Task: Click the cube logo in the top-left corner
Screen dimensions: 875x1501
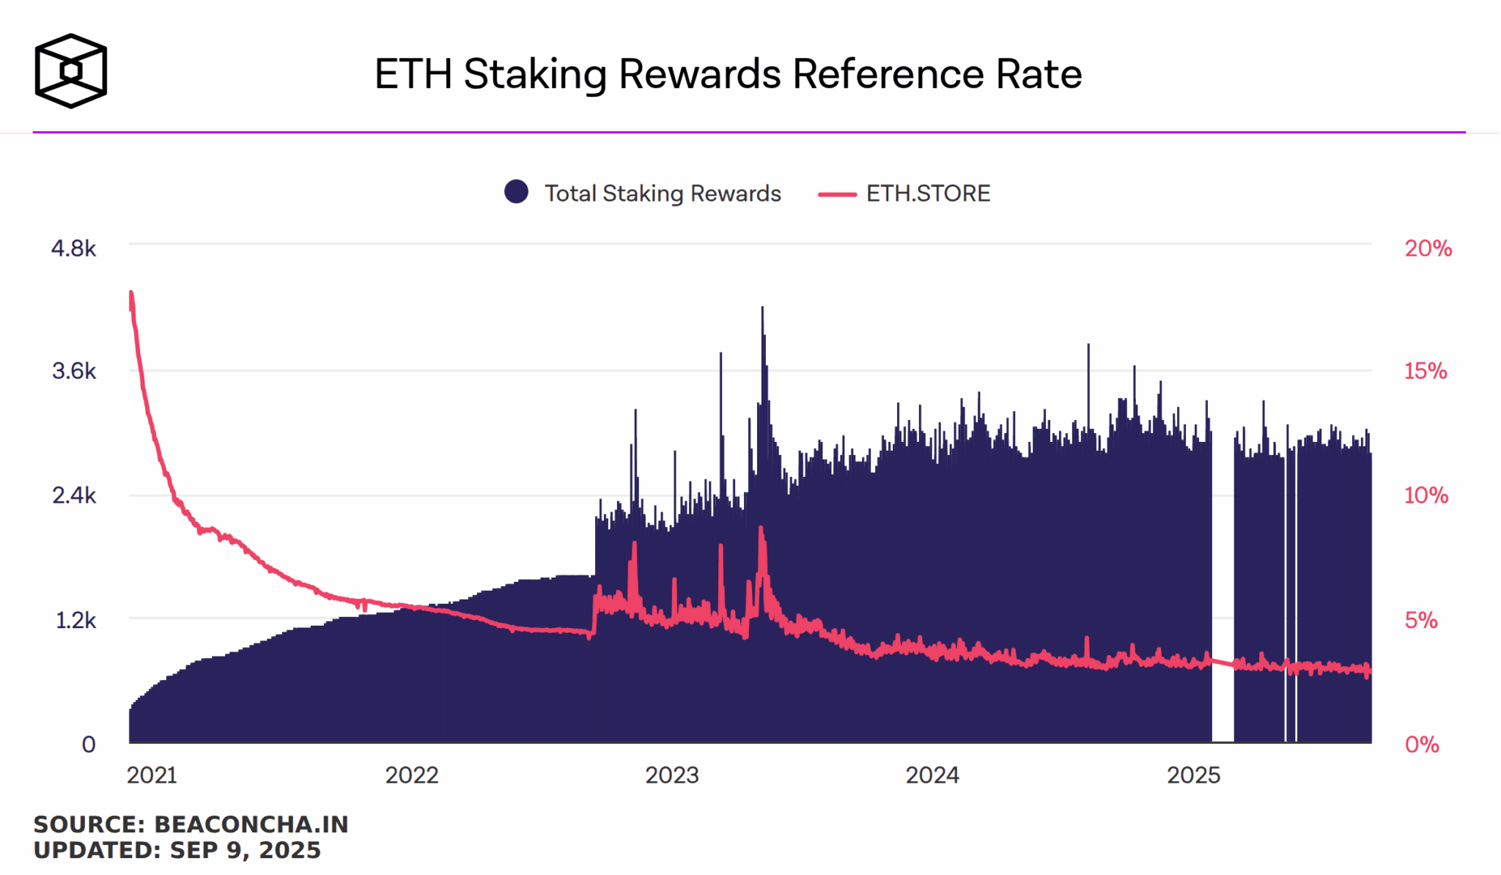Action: (71, 71)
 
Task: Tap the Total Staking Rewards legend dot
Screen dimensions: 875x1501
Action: (516, 192)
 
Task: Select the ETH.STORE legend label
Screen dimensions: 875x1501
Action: (927, 193)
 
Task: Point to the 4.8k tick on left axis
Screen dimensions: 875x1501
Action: (73, 248)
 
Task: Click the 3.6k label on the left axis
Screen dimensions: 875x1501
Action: (73, 371)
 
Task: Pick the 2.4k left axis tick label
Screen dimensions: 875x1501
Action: (73, 495)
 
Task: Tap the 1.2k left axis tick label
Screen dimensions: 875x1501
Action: (75, 621)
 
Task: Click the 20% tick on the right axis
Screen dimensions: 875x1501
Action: (1428, 248)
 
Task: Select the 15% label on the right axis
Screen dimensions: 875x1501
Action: (1426, 371)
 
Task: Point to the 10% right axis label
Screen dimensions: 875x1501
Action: (1426, 495)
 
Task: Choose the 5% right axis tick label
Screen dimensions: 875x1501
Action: (1421, 621)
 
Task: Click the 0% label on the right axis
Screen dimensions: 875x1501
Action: (1422, 745)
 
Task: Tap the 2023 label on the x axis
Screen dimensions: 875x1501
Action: (671, 775)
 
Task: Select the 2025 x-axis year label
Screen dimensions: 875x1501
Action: (1193, 775)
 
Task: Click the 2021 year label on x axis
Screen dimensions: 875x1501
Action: (152, 775)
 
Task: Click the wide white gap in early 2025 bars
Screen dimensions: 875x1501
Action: (1222, 586)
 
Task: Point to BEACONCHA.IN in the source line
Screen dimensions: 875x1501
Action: (251, 824)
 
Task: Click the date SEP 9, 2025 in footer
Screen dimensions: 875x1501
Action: (245, 850)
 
